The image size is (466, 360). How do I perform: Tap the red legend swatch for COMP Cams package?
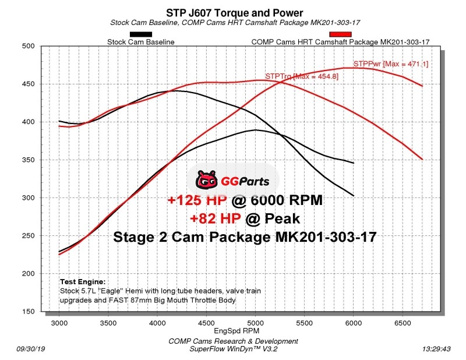click(340, 34)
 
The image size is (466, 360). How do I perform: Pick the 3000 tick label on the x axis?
click(59, 322)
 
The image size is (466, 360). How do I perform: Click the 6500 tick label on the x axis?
click(403, 322)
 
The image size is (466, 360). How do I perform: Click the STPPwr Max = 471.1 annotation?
click(390, 64)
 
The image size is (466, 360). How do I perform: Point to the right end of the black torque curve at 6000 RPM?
click(354, 195)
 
